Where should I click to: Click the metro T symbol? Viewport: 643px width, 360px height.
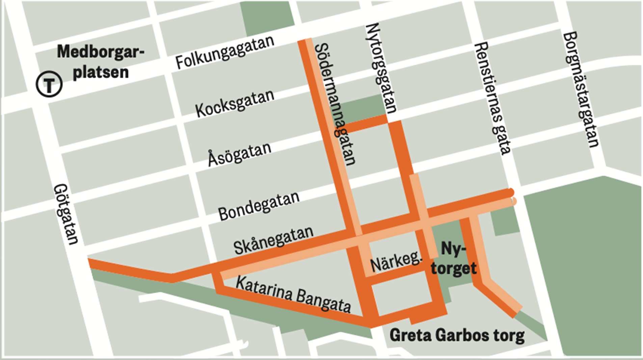click(49, 84)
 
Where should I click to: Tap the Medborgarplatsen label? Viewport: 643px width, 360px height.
click(100, 62)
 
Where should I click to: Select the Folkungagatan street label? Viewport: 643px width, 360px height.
click(225, 53)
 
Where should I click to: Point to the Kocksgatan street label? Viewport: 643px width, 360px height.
click(235, 103)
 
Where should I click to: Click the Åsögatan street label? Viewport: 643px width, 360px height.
click(240, 154)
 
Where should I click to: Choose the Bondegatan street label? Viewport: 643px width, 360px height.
click(259, 206)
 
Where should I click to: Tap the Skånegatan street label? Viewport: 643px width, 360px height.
click(273, 240)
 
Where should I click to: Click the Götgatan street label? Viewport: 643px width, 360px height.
click(66, 214)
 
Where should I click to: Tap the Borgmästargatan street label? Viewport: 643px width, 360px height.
click(581, 89)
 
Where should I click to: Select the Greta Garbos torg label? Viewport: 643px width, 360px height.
click(457, 335)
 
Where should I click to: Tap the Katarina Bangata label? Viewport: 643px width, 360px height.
click(293, 294)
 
